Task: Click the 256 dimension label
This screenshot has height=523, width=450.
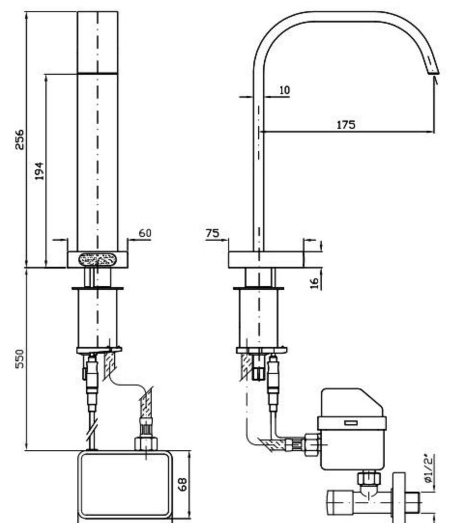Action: [x=20, y=140]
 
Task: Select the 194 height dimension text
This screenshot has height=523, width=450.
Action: [x=40, y=171]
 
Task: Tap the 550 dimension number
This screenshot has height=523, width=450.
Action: [x=20, y=359]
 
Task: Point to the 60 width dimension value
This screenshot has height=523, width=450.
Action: [x=145, y=233]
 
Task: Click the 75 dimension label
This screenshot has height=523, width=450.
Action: [x=212, y=233]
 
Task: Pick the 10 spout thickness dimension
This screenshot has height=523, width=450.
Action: [x=284, y=90]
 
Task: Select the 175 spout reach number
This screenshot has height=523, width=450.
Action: [x=346, y=125]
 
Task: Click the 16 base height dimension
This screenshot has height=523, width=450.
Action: [x=315, y=283]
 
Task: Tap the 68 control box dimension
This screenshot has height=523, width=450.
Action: [x=182, y=484]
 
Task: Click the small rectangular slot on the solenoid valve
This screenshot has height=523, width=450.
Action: [x=351, y=423]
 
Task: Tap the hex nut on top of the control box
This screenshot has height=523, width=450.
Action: [x=146, y=443]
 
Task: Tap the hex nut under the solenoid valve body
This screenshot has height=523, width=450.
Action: [x=369, y=478]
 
